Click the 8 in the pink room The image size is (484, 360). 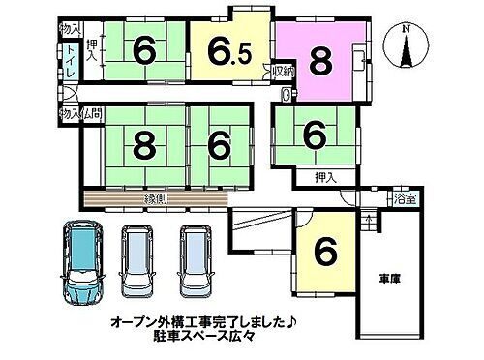[x=318, y=62]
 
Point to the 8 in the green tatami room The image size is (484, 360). [x=144, y=146]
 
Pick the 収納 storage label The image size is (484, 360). [x=283, y=72]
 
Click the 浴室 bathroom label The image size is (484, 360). [x=406, y=199]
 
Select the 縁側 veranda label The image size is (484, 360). [x=157, y=198]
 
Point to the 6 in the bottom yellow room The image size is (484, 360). [x=326, y=253]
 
